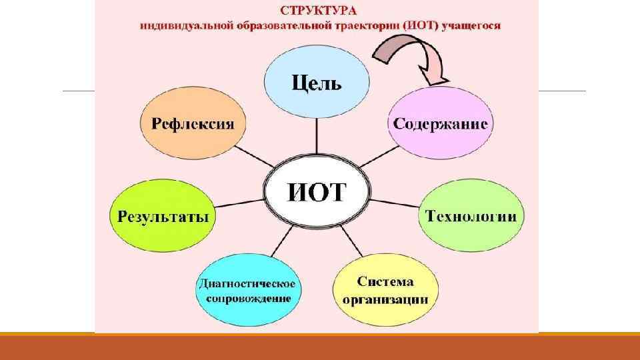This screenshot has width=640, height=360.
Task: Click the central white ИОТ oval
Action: (317, 192)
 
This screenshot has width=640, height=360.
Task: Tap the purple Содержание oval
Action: (440, 124)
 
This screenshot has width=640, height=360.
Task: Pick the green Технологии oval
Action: (471, 216)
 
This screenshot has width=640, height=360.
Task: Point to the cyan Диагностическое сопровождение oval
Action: (247, 290)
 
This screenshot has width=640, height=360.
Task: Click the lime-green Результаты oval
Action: (163, 216)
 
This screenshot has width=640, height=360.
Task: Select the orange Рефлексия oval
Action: (193, 124)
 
